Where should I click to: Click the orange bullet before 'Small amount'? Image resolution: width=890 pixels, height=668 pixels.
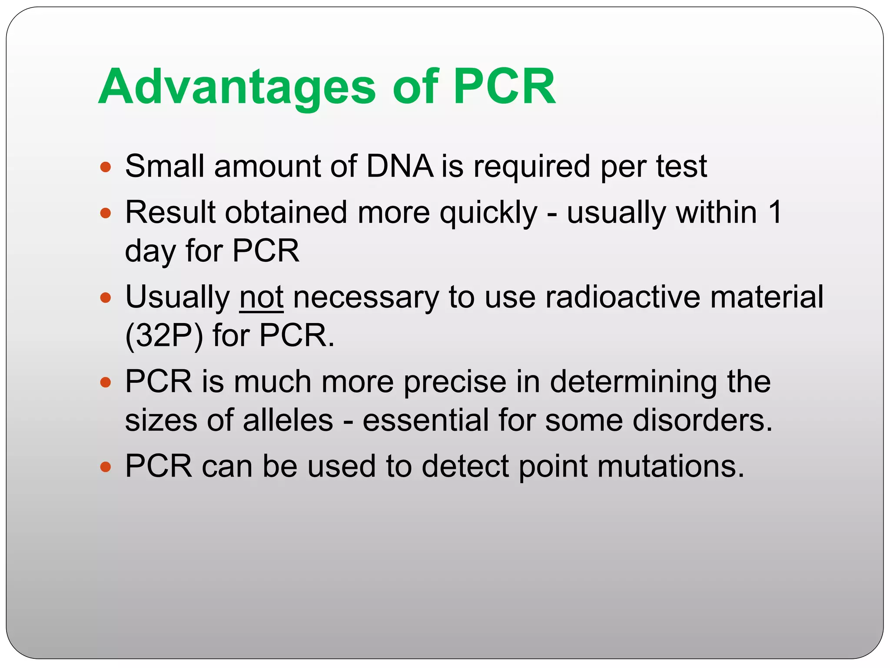click(x=106, y=167)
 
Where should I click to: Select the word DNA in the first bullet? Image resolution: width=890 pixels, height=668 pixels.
click(x=400, y=167)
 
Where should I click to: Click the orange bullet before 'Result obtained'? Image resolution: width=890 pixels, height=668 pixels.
click(x=106, y=213)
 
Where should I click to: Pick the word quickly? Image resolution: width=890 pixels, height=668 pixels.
click(x=488, y=213)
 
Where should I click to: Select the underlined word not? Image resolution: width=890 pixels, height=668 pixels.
click(x=262, y=297)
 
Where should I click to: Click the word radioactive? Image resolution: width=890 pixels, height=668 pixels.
click(x=623, y=297)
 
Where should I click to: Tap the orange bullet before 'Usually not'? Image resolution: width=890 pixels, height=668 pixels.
click(x=106, y=298)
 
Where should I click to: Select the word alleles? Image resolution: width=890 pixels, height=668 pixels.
click(x=288, y=421)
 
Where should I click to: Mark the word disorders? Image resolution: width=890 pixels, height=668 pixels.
click(x=702, y=421)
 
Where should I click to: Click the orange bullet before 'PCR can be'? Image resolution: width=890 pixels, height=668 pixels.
click(x=106, y=467)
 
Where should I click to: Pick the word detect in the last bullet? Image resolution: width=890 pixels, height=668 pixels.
click(x=465, y=467)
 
